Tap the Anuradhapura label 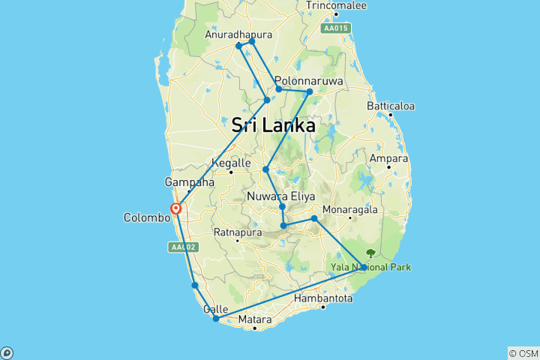point(239,34)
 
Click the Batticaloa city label point(391,106)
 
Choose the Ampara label point(389,158)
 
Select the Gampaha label point(189,182)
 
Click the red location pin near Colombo point(175,209)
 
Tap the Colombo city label point(147,218)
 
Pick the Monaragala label point(350,210)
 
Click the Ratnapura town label point(238,232)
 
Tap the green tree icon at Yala point(370,253)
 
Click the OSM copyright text point(522,353)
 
